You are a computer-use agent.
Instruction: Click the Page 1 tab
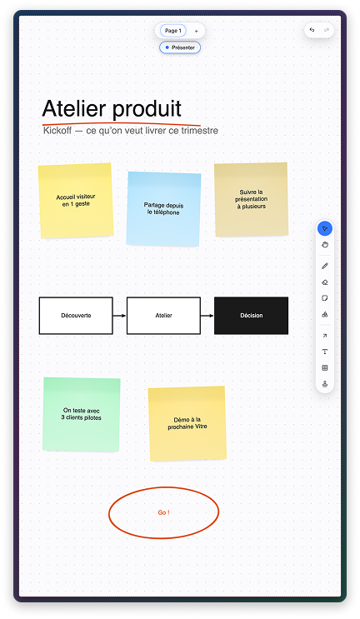pyautogui.click(x=172, y=31)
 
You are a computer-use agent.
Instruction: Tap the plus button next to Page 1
pyautogui.click(x=196, y=31)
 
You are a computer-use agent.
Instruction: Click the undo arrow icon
pyautogui.click(x=312, y=30)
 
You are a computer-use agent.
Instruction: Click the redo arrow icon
pyautogui.click(x=327, y=30)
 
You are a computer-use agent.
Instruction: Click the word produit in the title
pyautogui.click(x=147, y=109)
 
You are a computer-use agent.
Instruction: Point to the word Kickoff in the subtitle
pyautogui.click(x=57, y=130)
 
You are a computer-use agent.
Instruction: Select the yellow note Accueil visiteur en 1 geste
pyautogui.click(x=76, y=201)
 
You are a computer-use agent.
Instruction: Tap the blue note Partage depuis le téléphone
pyautogui.click(x=163, y=209)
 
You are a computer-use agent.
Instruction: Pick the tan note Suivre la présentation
pyautogui.click(x=251, y=199)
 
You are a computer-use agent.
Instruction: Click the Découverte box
pyautogui.click(x=76, y=316)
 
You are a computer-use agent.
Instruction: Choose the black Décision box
pyautogui.click(x=251, y=316)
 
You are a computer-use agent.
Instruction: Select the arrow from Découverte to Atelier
pyautogui.click(x=120, y=316)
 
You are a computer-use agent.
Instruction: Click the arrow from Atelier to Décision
pyautogui.click(x=207, y=316)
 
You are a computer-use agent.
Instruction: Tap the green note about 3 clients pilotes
pyautogui.click(x=82, y=414)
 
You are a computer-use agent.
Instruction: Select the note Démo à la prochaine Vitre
pyautogui.click(x=187, y=423)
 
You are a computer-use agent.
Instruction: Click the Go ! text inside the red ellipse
pyautogui.click(x=164, y=512)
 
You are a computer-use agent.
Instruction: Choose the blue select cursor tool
pyautogui.click(x=325, y=228)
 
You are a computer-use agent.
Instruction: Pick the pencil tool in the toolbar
pyautogui.click(x=325, y=266)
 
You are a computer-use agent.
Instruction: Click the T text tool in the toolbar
pyautogui.click(x=325, y=352)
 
